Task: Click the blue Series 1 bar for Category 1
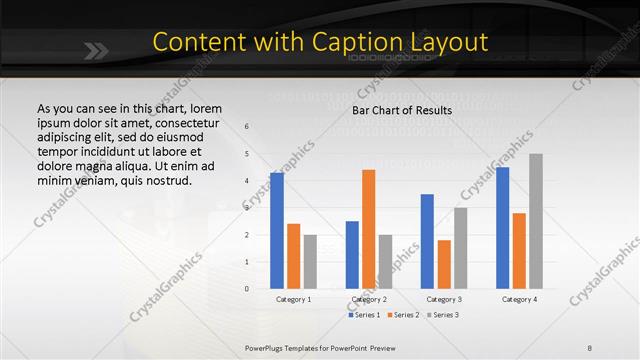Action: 277,231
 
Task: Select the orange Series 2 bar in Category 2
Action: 368,229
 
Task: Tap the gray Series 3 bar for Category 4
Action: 536,221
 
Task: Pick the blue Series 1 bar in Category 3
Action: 427,241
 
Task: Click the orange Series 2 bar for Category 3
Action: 444,264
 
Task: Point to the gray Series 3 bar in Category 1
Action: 310,262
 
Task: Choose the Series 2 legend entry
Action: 403,315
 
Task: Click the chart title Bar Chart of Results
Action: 402,110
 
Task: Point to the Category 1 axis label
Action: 294,299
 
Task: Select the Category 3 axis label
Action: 444,299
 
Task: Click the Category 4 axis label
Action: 519,299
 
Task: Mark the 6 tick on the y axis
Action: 247,127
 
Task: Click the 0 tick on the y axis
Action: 247,289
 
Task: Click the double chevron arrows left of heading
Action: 97,47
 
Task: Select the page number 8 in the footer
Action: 590,347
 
